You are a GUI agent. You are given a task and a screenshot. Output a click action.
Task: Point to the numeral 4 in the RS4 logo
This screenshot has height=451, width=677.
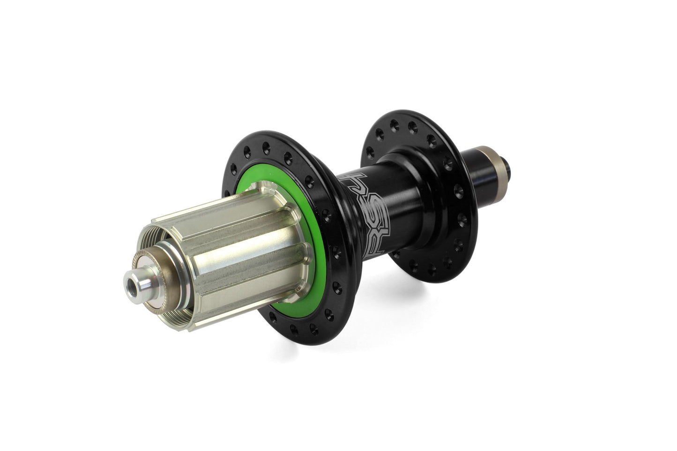click(370, 178)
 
